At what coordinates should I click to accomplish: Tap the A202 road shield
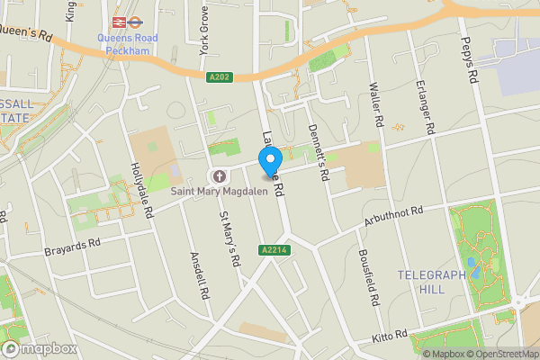tap(219, 77)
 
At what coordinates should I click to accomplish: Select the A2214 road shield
tap(275, 249)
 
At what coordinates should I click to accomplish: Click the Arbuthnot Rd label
tap(393, 216)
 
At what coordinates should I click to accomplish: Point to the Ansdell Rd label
tap(200, 275)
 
